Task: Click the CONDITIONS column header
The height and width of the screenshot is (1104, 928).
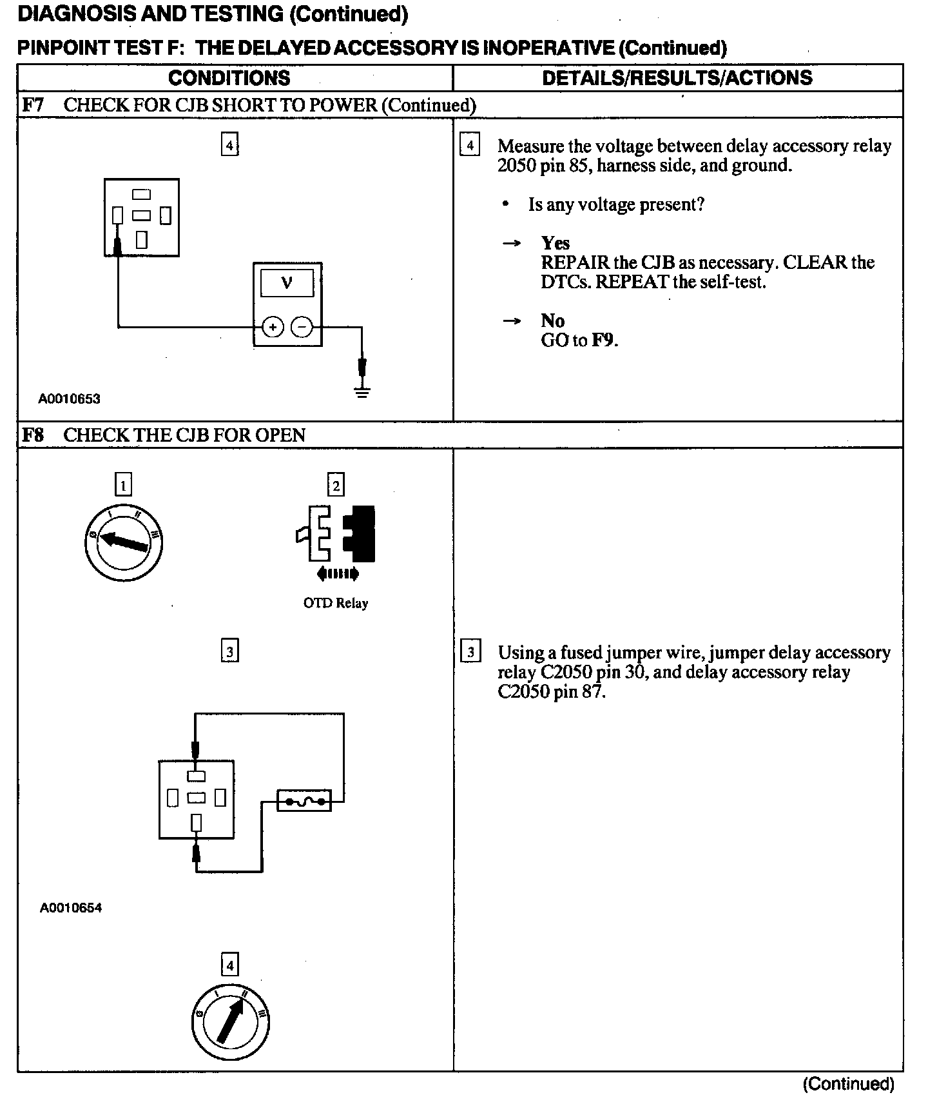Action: (229, 78)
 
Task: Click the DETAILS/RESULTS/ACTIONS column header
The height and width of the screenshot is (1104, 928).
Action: (677, 78)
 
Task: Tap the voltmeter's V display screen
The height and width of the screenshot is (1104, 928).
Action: (287, 283)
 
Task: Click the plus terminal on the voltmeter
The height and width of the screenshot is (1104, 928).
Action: (273, 328)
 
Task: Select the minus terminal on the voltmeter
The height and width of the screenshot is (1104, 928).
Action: (302, 328)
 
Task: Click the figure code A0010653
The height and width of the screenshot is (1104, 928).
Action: (70, 399)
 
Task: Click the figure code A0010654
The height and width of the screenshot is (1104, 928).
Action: (71, 908)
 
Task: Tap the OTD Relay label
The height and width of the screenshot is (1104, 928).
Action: (335, 604)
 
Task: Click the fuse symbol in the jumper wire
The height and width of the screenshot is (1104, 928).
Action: (304, 801)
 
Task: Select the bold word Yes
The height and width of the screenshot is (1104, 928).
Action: (556, 243)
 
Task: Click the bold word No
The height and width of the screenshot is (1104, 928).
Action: (552, 320)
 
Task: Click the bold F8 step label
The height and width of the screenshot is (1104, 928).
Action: (33, 435)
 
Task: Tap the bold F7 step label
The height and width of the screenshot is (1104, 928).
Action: (33, 105)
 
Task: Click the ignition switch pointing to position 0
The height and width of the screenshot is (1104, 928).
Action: (123, 543)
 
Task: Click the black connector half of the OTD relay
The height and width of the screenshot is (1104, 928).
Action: (360, 534)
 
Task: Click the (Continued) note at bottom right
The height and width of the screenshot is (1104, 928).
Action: (848, 1084)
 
